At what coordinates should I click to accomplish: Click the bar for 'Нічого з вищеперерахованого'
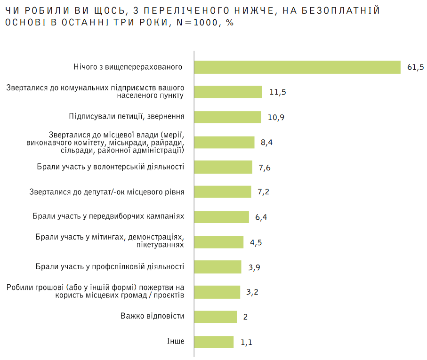pyautogui.click(x=297, y=67)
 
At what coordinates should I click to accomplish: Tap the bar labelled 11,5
pyautogui.click(x=228, y=92)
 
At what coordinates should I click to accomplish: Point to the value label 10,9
pyautogui.click(x=276, y=117)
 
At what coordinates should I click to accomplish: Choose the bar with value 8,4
pyautogui.click(x=225, y=142)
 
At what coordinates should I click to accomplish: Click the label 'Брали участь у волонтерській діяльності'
pyautogui.click(x=110, y=167)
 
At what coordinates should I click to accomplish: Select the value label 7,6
pyautogui.click(x=265, y=168)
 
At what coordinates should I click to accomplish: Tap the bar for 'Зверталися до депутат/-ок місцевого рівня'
pyautogui.click(x=223, y=192)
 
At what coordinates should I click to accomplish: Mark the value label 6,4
pyautogui.click(x=261, y=217)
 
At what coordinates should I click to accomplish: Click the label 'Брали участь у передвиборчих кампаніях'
pyautogui.click(x=108, y=216)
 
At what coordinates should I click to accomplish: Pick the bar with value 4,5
pyautogui.click(x=219, y=242)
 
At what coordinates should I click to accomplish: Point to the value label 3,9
pyautogui.click(x=254, y=267)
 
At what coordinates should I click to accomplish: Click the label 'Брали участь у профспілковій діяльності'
pyautogui.click(x=110, y=266)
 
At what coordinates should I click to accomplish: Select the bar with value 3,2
pyautogui.click(x=217, y=292)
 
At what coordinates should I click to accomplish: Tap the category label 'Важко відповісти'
pyautogui.click(x=152, y=316)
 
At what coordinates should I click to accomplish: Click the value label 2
pyautogui.click(x=245, y=317)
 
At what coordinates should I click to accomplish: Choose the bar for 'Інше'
pyautogui.click(x=214, y=342)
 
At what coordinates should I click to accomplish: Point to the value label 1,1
pyautogui.click(x=247, y=342)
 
